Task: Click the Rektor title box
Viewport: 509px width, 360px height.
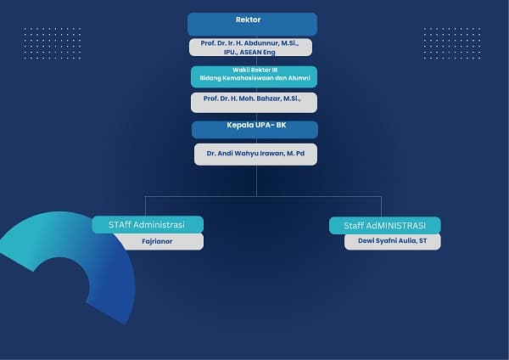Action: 252,25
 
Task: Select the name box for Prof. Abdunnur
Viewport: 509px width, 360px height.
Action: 250,48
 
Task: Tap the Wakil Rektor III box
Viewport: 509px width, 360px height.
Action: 254,76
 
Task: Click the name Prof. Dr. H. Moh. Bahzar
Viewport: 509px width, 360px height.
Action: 252,98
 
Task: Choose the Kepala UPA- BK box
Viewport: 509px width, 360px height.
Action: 255,130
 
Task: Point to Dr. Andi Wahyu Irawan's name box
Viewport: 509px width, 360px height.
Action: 256,155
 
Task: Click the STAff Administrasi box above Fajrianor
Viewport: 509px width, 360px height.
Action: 148,224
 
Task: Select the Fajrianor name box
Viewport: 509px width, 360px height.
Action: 159,241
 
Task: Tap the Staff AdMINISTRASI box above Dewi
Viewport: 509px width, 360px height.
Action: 385,226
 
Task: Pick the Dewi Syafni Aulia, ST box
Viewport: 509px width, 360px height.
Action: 393,242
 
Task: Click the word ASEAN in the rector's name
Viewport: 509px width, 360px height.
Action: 250,52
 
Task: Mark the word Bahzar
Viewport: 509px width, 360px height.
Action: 268,98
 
